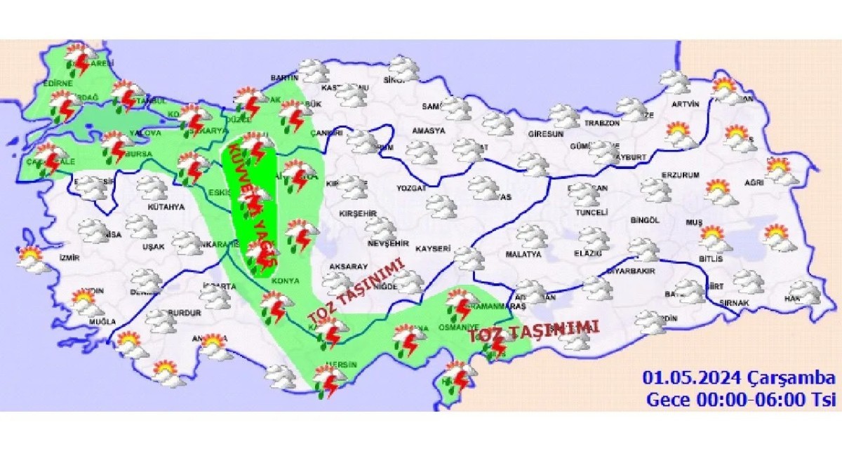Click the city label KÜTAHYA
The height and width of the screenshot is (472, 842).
point(166,208)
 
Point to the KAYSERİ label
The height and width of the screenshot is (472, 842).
point(433,249)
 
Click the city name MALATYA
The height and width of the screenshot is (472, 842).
point(523,253)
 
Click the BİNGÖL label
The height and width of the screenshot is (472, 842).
point(645,220)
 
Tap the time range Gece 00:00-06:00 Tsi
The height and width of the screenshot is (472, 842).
point(741,400)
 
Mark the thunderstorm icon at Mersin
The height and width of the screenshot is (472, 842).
point(327,381)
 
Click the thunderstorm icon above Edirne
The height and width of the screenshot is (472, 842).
point(80,59)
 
